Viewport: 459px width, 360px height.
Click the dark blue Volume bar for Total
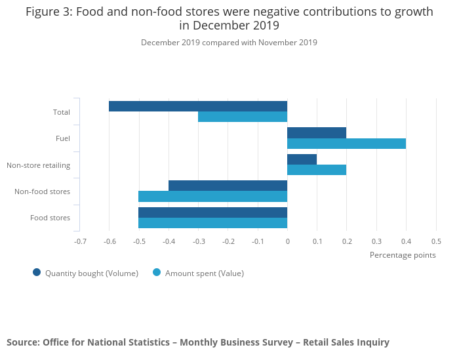pyautogui.click(x=198, y=106)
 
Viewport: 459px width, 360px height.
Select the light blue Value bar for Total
pyautogui.click(x=243, y=117)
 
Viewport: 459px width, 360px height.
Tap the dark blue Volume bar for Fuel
pyautogui.click(x=317, y=132)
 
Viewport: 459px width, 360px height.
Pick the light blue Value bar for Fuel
pyautogui.click(x=346, y=144)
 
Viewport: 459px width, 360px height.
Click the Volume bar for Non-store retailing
pyautogui.click(x=302, y=159)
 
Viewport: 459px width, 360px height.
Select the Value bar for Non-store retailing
pyautogui.click(x=317, y=170)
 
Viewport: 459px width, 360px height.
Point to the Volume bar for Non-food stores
pyautogui.click(x=228, y=186)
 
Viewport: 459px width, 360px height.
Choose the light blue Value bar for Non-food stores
pyautogui.click(x=213, y=196)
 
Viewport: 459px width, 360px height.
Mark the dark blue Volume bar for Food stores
pyautogui.click(x=213, y=212)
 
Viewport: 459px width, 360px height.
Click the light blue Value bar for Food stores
pyautogui.click(x=213, y=223)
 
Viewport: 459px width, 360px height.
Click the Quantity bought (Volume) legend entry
pyautogui.click(x=85, y=273)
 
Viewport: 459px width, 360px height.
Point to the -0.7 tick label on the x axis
pyautogui.click(x=80, y=241)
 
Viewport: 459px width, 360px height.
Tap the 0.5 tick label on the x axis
pyautogui.click(x=435, y=241)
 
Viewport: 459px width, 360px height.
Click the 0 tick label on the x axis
pyautogui.click(x=287, y=241)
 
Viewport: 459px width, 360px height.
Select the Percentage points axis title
pyautogui.click(x=403, y=254)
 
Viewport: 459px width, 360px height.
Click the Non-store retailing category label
pyautogui.click(x=38, y=165)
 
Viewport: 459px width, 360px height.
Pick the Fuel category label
pyautogui.click(x=63, y=138)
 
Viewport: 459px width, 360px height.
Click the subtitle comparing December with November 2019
pyautogui.click(x=229, y=43)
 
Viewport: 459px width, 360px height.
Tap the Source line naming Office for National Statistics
pyautogui.click(x=198, y=342)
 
